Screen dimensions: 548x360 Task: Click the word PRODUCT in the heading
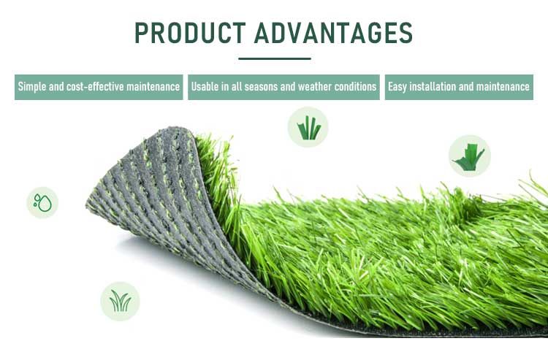pyautogui.click(x=190, y=33)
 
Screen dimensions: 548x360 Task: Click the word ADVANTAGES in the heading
pyautogui.click(x=333, y=33)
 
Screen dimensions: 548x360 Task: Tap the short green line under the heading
pyautogui.click(x=275, y=58)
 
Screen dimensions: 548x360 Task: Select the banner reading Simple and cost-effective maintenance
pyautogui.click(x=99, y=87)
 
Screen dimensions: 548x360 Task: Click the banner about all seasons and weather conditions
pyautogui.click(x=283, y=87)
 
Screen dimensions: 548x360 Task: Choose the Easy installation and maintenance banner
pyautogui.click(x=459, y=87)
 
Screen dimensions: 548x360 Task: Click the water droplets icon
pyautogui.click(x=42, y=203)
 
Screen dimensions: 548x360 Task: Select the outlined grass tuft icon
pyautogui.click(x=121, y=302)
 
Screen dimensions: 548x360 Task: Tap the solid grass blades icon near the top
pyautogui.click(x=308, y=127)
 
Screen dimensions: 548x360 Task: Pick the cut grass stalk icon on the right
pyautogui.click(x=470, y=156)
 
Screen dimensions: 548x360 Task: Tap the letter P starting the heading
pyautogui.click(x=142, y=33)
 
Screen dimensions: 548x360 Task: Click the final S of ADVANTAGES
pyautogui.click(x=406, y=33)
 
